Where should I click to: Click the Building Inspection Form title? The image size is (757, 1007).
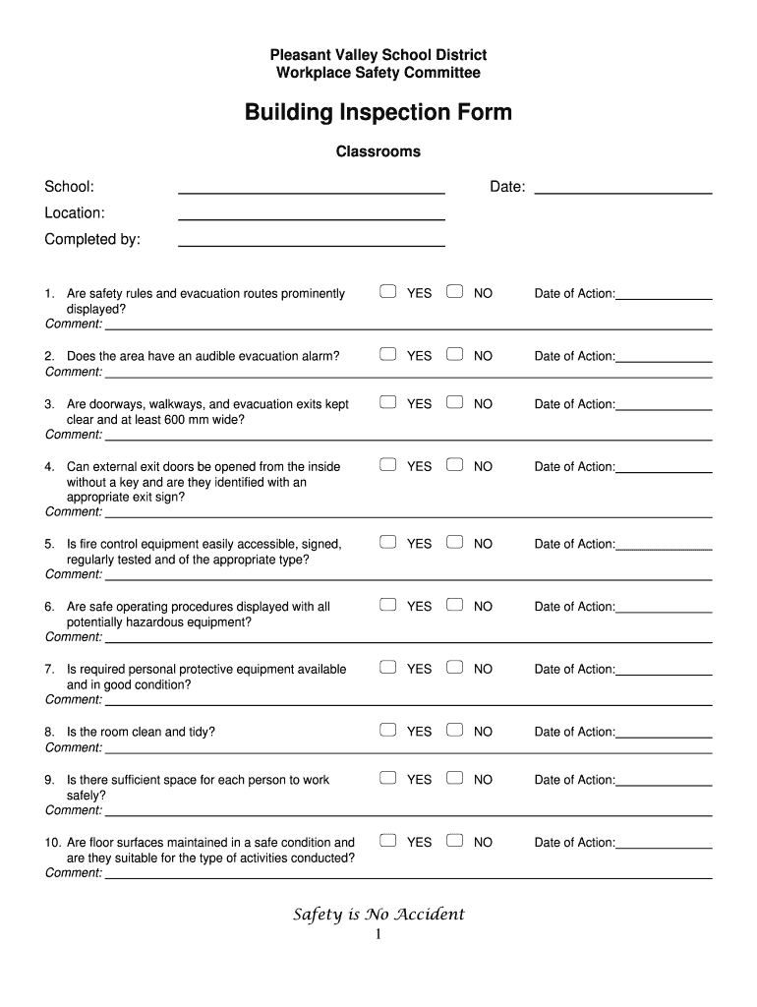(x=378, y=112)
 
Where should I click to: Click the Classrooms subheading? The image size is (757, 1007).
(x=378, y=151)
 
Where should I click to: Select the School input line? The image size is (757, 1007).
(x=311, y=192)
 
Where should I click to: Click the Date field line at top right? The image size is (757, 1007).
(x=622, y=192)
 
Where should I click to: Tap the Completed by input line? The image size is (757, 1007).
(x=311, y=244)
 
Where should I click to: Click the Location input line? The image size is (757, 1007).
(x=311, y=217)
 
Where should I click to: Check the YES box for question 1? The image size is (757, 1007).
(x=388, y=292)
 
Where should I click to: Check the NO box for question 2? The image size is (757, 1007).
(x=454, y=355)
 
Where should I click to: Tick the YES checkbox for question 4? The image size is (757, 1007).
(x=388, y=465)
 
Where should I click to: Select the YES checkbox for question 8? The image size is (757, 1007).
(x=388, y=731)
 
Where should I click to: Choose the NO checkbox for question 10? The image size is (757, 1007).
(x=454, y=841)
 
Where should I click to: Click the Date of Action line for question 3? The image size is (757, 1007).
(x=664, y=408)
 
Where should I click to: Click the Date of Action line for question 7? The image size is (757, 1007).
(x=664, y=674)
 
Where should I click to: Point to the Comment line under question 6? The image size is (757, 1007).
(x=408, y=641)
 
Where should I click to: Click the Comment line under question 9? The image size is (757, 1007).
(x=408, y=814)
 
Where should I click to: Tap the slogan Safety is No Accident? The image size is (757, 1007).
(x=378, y=915)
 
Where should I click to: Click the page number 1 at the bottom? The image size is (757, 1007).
(x=378, y=934)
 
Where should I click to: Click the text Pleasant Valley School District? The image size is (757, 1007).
(x=378, y=55)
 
